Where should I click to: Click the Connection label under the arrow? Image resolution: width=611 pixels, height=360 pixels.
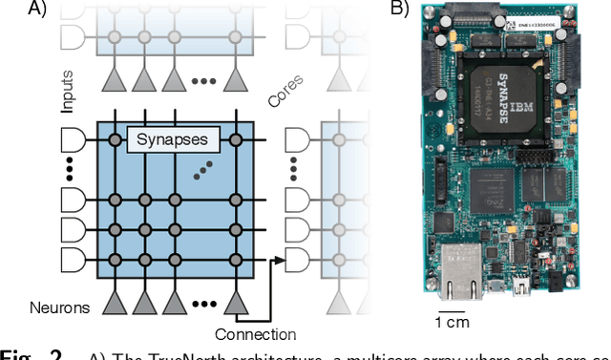click(255, 333)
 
